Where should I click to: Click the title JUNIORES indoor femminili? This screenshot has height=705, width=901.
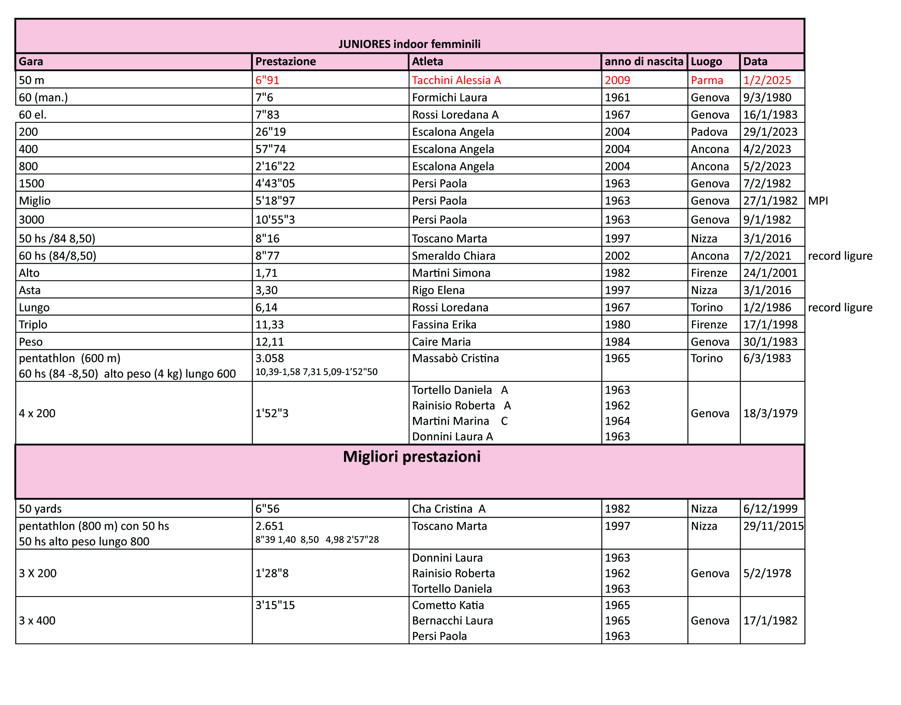point(409,44)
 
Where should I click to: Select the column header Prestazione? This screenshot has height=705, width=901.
point(285,62)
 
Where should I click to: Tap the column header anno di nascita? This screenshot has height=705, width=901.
point(644,62)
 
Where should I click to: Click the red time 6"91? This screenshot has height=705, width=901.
point(267,80)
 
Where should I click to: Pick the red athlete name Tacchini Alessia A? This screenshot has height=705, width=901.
point(456,80)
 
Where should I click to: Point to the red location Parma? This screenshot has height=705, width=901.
point(707,80)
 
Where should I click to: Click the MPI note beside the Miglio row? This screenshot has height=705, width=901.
point(818,201)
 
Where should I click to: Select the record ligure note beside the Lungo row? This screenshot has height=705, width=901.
point(840,308)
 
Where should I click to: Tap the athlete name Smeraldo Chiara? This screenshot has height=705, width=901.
point(453,256)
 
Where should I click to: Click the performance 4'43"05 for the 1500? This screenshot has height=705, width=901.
point(275,184)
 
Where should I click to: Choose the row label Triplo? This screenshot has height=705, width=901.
point(33,325)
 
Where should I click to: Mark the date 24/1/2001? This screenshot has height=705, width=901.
point(770,273)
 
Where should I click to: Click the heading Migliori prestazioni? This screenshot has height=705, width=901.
point(411,457)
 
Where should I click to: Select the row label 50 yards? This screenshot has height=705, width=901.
point(40,509)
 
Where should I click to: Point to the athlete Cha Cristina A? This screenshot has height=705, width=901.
point(449,509)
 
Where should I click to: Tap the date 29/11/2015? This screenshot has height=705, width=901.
point(773,526)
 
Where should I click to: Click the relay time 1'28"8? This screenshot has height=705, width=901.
point(272,574)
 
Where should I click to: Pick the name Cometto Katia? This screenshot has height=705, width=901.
point(448,605)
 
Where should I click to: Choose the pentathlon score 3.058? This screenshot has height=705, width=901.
point(269,358)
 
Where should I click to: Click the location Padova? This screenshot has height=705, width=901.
point(709,132)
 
